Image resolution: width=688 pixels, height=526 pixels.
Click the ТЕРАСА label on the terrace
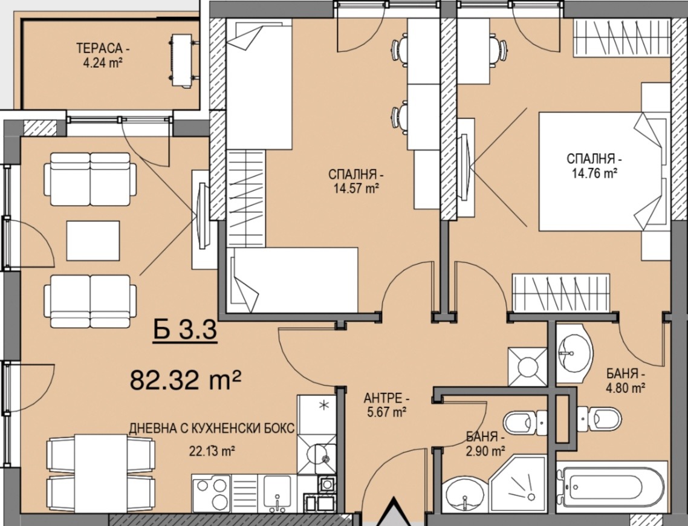click(x=100, y=47)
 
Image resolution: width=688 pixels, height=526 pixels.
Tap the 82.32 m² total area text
click(x=186, y=380)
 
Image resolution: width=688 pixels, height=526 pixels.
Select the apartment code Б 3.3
click(x=185, y=330)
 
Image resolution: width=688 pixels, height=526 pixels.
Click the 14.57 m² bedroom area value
click(x=356, y=189)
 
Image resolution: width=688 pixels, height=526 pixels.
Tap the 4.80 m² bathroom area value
click(x=626, y=388)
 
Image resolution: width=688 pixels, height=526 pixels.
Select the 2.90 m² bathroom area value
click(x=485, y=450)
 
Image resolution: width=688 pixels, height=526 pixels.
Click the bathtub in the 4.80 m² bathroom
click(x=612, y=487)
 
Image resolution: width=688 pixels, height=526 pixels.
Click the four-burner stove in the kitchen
click(x=212, y=493)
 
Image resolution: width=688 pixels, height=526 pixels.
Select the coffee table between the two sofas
click(x=93, y=241)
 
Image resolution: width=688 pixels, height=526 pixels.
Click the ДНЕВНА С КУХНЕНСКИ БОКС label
click(x=212, y=428)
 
